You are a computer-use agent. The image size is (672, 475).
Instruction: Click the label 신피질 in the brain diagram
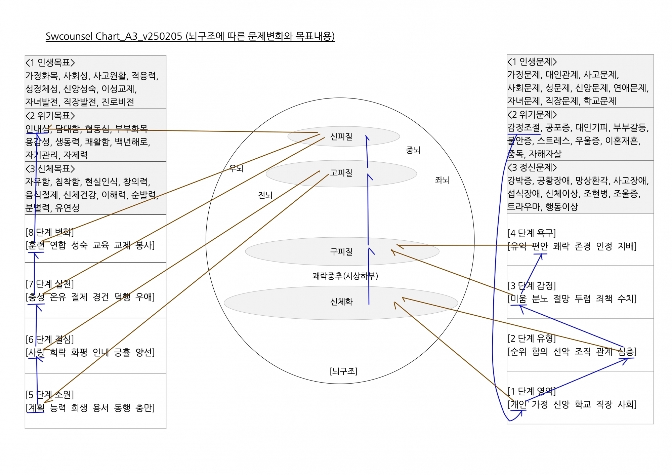[x=341, y=136]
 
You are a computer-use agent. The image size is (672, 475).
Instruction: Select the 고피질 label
[x=341, y=173]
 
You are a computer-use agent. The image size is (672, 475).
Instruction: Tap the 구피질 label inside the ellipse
[x=341, y=251]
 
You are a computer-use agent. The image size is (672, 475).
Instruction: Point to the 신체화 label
[x=341, y=302]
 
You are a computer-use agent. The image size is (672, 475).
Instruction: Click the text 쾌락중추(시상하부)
[x=345, y=276]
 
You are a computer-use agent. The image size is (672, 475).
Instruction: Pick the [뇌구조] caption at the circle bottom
[x=343, y=371]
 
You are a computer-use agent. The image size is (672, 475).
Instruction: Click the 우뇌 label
[x=236, y=168]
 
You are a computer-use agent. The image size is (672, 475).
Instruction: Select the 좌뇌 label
[x=442, y=180]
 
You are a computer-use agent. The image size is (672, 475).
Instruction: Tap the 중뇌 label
[x=413, y=150]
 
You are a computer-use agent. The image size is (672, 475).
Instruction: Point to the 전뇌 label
[x=265, y=195]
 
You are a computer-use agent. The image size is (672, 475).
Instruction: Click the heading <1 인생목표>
[x=50, y=63]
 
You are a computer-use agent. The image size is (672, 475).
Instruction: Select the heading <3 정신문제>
[x=532, y=167]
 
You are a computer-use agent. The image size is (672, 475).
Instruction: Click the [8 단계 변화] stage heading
[x=50, y=232]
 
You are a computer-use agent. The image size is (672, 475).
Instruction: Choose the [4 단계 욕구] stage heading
[x=532, y=233]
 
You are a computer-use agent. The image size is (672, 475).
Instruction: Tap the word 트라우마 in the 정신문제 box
[x=524, y=206]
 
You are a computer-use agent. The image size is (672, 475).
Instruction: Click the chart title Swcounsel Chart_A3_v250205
[x=114, y=36]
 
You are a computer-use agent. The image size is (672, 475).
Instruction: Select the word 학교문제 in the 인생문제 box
[x=600, y=101]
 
